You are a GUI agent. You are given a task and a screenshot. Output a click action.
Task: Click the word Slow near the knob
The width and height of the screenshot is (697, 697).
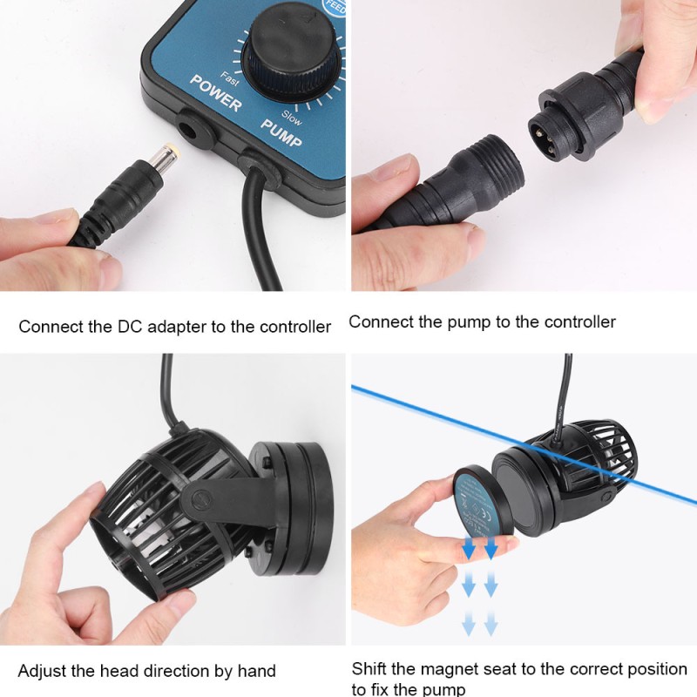pos(293,118)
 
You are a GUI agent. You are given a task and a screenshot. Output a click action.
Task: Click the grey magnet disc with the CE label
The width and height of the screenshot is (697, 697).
pos(478,504)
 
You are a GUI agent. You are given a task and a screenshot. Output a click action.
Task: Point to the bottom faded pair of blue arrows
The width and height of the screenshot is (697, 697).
pos(479,623)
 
